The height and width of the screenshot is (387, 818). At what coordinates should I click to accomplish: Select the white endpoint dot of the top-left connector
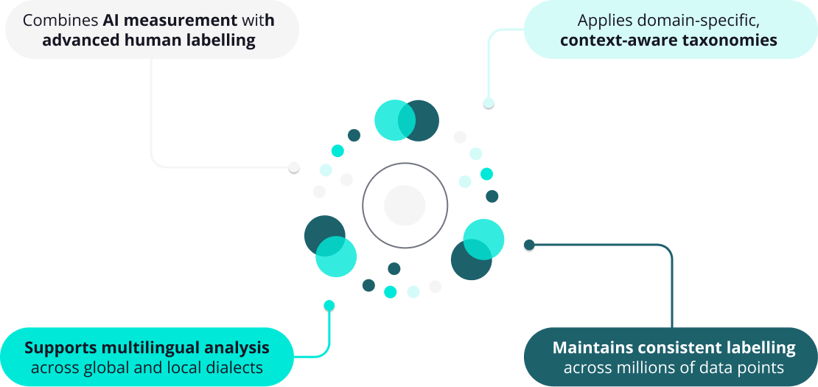(x=294, y=167)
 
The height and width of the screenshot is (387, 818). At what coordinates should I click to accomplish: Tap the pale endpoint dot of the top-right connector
(x=489, y=103)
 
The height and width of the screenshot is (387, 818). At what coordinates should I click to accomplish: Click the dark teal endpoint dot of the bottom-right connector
(x=529, y=245)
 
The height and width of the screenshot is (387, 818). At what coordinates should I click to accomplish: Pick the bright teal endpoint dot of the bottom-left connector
(x=329, y=305)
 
